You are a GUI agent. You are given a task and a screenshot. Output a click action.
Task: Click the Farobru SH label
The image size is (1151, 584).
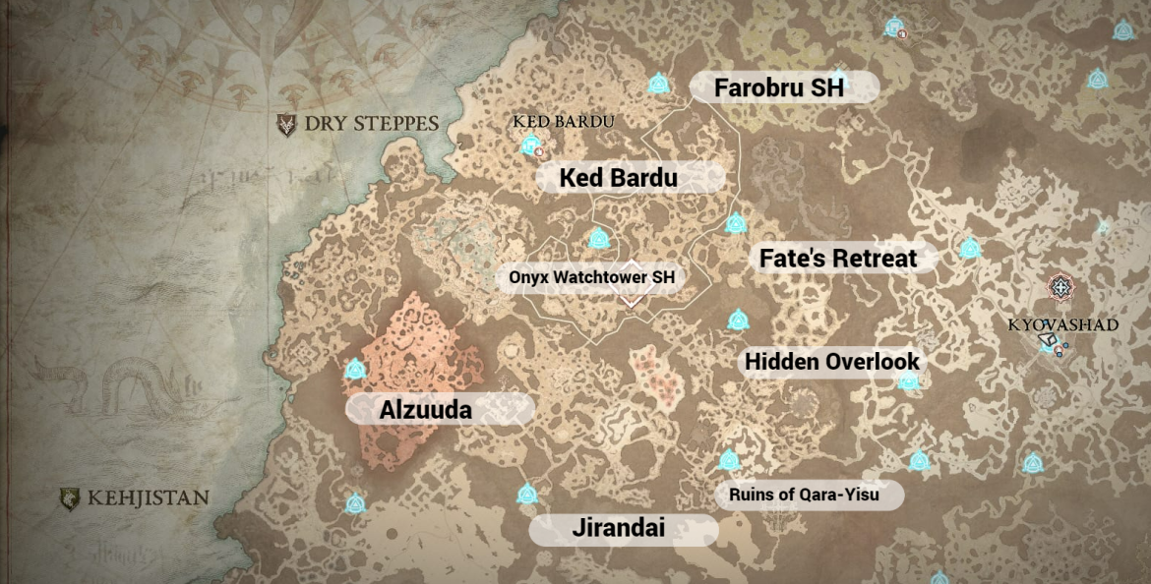pyautogui.click(x=780, y=88)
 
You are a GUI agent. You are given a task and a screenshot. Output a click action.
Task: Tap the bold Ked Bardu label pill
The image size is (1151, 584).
pyautogui.click(x=619, y=178)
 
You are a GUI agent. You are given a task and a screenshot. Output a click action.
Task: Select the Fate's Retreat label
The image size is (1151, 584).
pyautogui.click(x=838, y=259)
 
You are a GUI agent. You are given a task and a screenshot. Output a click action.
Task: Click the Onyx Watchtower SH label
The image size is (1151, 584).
pyautogui.click(x=592, y=277)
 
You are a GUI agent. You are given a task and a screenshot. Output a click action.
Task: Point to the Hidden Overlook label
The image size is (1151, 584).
pyautogui.click(x=832, y=362)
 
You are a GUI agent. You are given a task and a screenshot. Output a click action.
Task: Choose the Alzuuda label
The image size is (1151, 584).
pyautogui.click(x=426, y=410)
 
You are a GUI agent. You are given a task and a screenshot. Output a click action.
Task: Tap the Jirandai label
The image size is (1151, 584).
pyautogui.click(x=619, y=529)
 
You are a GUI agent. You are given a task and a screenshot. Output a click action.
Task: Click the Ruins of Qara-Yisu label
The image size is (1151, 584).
pyautogui.click(x=805, y=495)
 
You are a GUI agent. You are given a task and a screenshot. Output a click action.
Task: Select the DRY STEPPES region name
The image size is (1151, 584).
pyautogui.click(x=371, y=124)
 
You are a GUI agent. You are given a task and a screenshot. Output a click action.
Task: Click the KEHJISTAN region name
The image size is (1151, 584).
pyautogui.click(x=148, y=497)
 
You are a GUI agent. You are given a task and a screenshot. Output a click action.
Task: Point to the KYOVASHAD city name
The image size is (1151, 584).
pyautogui.click(x=1062, y=324)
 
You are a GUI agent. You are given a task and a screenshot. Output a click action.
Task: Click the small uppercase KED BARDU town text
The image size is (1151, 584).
pyautogui.click(x=564, y=121)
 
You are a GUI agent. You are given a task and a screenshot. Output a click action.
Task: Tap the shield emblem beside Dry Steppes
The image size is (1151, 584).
pyautogui.click(x=286, y=125)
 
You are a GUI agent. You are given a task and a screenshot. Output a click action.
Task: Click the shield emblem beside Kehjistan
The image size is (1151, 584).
pyautogui.click(x=69, y=498)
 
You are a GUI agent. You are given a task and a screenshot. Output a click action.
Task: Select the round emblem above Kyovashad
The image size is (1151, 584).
pyautogui.click(x=1060, y=287)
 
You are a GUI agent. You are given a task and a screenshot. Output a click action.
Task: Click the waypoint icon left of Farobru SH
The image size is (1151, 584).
pyautogui.click(x=659, y=85)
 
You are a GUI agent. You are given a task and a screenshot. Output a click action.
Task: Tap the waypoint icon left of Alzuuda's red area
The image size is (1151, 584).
pyautogui.click(x=355, y=370)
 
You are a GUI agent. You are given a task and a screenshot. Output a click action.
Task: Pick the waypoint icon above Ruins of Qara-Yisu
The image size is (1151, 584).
pyautogui.click(x=729, y=459)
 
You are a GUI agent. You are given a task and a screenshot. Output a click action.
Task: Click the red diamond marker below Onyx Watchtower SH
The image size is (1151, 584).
pyautogui.click(x=631, y=297)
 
